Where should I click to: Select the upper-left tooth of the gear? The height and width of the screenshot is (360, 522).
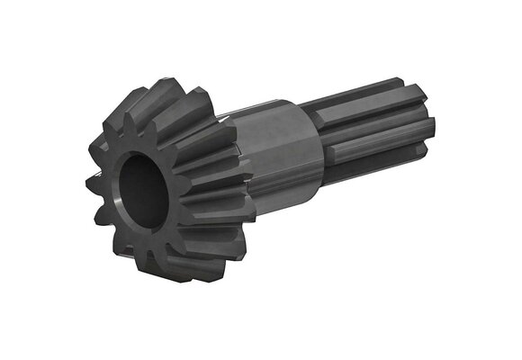(112, 117)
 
